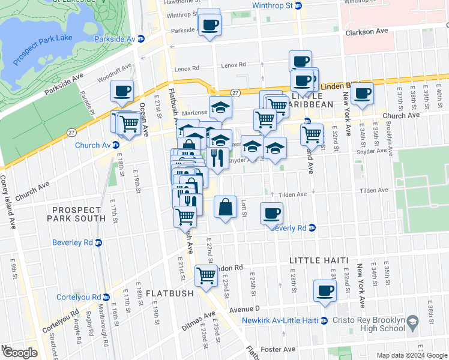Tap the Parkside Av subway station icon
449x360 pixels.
point(141,38)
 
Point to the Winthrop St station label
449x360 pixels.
point(272,5)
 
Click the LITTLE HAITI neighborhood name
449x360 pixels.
point(319,260)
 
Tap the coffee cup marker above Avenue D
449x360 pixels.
point(325,290)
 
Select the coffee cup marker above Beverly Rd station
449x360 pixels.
point(272,213)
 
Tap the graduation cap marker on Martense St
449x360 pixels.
point(220,107)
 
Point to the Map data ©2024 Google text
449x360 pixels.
point(412,355)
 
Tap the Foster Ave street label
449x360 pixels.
point(282,349)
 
